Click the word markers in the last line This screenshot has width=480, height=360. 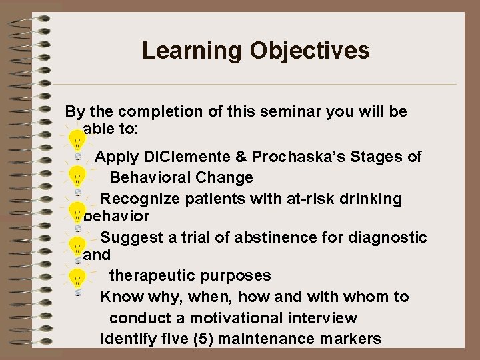click(x=351, y=339)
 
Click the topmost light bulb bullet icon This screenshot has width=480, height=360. click(x=79, y=141)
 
